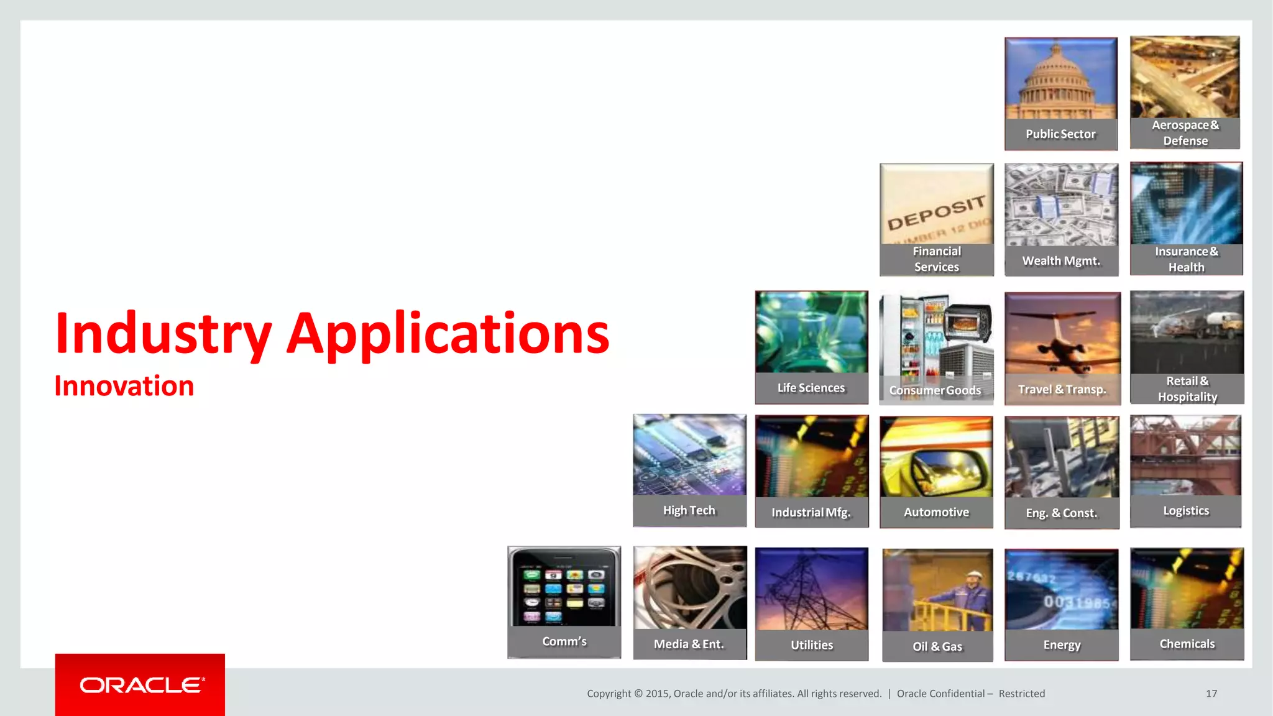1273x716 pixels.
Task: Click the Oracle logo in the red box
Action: click(141, 685)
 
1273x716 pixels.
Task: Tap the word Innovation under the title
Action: click(124, 386)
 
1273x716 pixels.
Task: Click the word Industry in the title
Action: click(163, 334)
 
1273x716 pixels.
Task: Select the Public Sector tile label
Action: click(1060, 134)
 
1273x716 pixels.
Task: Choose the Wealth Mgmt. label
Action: click(1061, 261)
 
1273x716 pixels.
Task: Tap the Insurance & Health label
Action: click(1186, 259)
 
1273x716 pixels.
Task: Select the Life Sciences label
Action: click(811, 388)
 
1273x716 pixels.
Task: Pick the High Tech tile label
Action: click(689, 510)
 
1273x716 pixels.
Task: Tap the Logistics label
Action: click(1186, 511)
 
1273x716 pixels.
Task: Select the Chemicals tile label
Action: click(1187, 644)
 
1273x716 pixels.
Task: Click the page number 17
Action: click(1211, 694)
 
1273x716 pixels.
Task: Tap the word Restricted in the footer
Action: click(1021, 694)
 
